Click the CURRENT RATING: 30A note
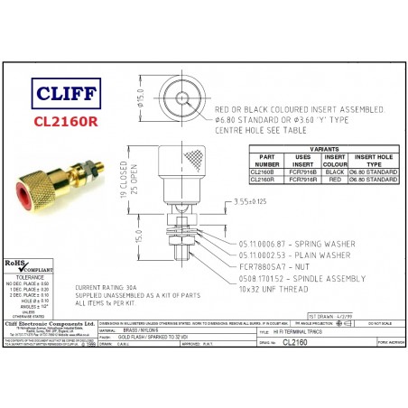coord(120,285)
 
